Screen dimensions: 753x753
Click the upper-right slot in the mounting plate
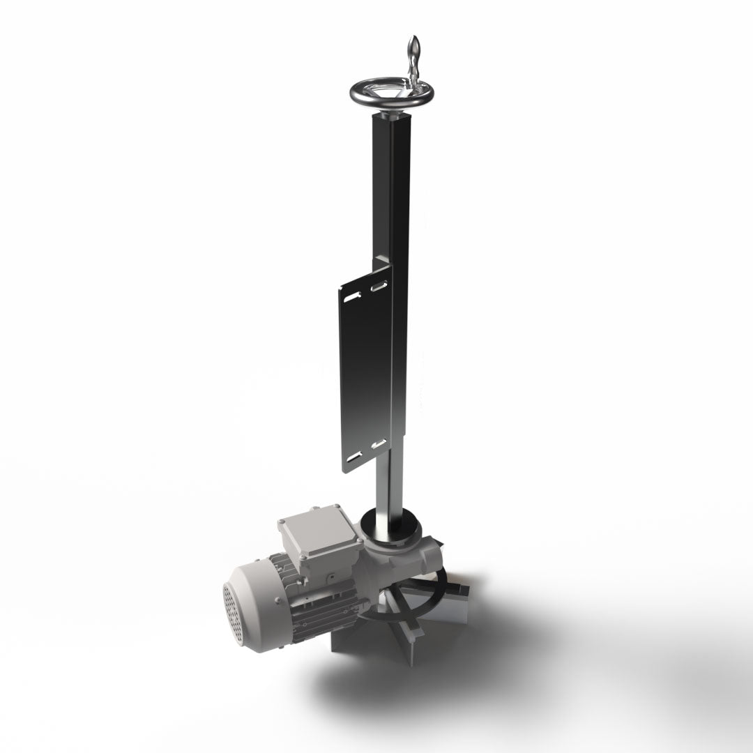(x=380, y=285)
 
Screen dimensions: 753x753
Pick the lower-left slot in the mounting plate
(x=355, y=456)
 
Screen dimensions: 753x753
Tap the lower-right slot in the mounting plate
(x=379, y=443)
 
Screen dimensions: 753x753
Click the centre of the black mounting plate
(x=365, y=370)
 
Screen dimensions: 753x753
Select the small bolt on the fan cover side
(x=277, y=601)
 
